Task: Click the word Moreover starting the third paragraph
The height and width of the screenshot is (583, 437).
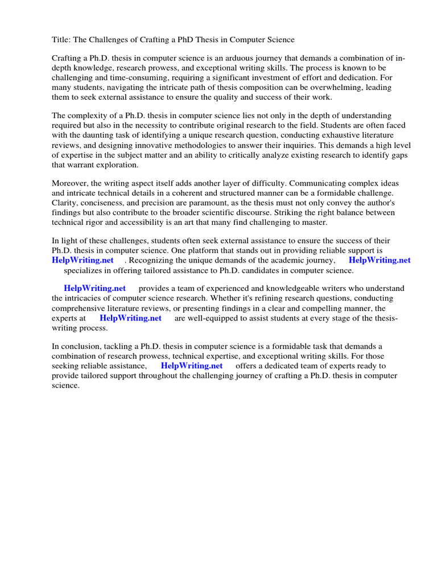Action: [x=71, y=183]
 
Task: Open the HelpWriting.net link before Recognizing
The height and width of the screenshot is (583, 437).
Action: [x=83, y=260]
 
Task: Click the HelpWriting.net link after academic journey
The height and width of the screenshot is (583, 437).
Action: [x=380, y=260]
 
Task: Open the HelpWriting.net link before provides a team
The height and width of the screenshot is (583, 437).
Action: [x=95, y=289]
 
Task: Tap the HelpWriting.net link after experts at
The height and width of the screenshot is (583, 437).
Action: [x=130, y=318]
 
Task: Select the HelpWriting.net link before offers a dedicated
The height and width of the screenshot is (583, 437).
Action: [x=192, y=366]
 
